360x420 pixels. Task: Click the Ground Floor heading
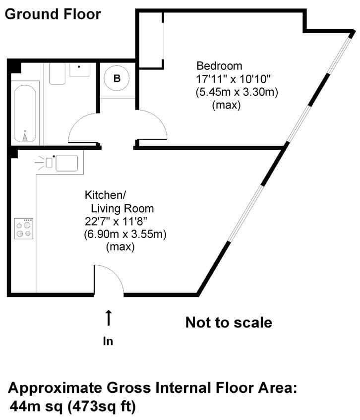pyautogui.click(x=53, y=14)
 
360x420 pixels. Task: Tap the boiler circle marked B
pyautogui.click(x=117, y=78)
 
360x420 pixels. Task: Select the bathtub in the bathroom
pyautogui.click(x=25, y=113)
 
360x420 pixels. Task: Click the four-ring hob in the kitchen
pyautogui.click(x=24, y=229)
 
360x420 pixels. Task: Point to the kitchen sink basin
pyautogui.click(x=67, y=163)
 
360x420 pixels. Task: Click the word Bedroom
pyautogui.click(x=219, y=65)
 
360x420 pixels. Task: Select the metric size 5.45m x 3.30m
pyautogui.click(x=237, y=92)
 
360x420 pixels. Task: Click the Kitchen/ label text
pyautogui.click(x=105, y=195)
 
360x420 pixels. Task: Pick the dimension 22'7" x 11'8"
pyautogui.click(x=116, y=222)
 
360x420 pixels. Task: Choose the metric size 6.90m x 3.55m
pyautogui.click(x=125, y=234)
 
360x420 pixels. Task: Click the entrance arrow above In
pyautogui.click(x=109, y=318)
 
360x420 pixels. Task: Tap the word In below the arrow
pyautogui.click(x=108, y=341)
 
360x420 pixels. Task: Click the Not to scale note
pyautogui.click(x=229, y=322)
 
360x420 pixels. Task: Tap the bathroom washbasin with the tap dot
pyautogui.click(x=79, y=69)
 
